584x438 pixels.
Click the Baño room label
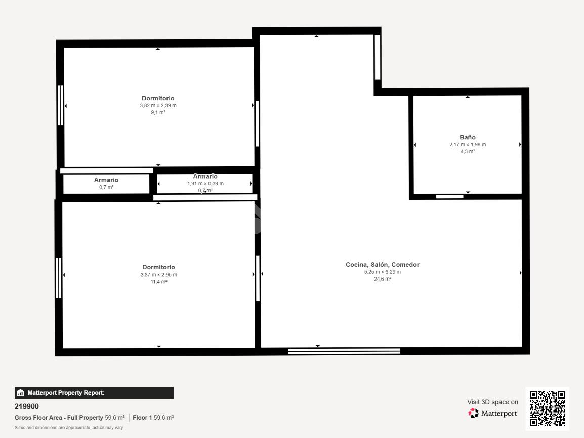tap(468, 137)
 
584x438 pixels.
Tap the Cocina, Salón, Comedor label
tap(383, 265)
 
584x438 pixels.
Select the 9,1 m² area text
tap(158, 112)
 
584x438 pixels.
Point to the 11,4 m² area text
tap(159, 282)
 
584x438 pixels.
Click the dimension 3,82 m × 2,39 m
tap(158, 105)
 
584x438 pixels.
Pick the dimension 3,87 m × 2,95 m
tap(159, 275)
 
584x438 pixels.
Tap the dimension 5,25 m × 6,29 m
tap(383, 272)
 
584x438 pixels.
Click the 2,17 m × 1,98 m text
tap(468, 145)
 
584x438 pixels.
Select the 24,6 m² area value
tap(383, 279)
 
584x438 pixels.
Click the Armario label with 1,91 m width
tap(205, 176)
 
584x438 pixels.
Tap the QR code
tap(548, 409)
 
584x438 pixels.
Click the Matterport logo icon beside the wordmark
tap(473, 413)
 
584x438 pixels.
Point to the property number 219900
tap(27, 406)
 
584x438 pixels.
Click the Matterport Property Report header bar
tap(94, 393)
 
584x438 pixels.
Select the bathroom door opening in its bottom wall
tap(449, 197)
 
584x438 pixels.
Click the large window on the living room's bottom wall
tap(344, 351)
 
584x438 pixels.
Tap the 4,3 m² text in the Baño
tap(468, 151)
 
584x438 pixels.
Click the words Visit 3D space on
tap(493, 402)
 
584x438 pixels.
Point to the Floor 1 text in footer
tap(142, 418)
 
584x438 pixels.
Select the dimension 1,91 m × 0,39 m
tap(205, 183)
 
